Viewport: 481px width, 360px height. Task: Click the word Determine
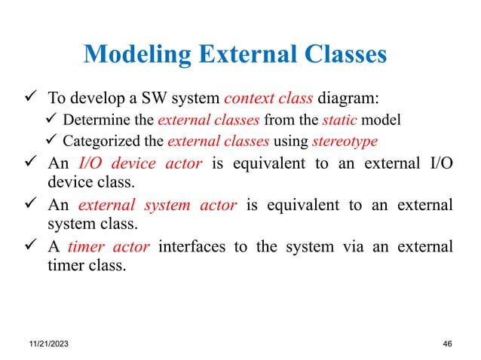pos(92,121)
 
